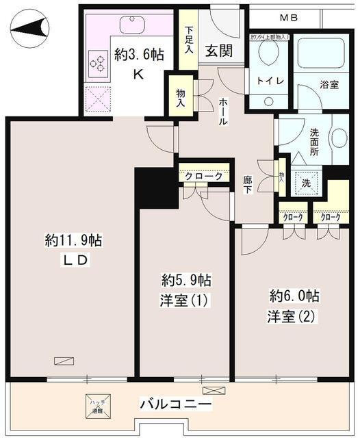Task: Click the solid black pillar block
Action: click(156, 188)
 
